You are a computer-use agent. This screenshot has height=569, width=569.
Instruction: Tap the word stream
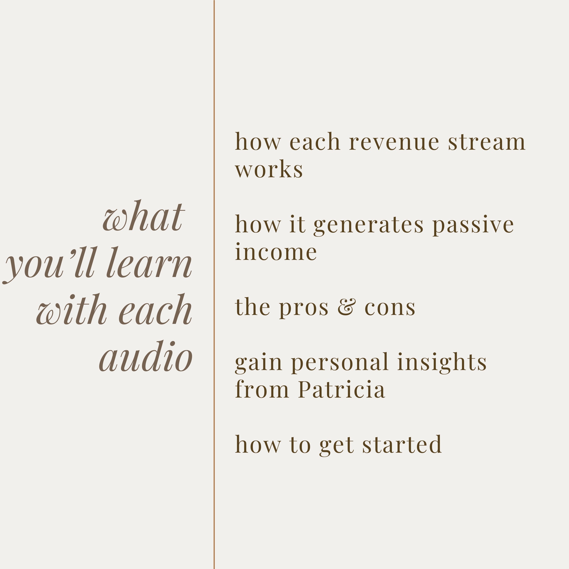[x=487, y=141]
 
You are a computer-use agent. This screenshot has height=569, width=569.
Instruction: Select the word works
[x=269, y=169]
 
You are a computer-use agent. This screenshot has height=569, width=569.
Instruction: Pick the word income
[x=276, y=252]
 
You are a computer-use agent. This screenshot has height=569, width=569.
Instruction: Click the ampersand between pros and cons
[x=346, y=307]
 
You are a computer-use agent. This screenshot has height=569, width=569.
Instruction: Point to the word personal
[x=340, y=363]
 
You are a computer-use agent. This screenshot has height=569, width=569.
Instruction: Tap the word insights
[x=442, y=362]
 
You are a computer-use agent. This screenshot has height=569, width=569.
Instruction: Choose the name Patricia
[x=341, y=389]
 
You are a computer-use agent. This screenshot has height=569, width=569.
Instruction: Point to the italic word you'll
[x=49, y=265]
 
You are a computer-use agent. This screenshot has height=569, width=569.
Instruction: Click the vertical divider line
[x=214, y=284]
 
